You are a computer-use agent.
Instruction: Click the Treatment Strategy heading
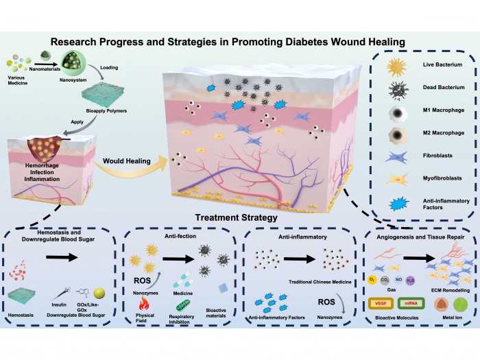[x=237, y=218]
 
